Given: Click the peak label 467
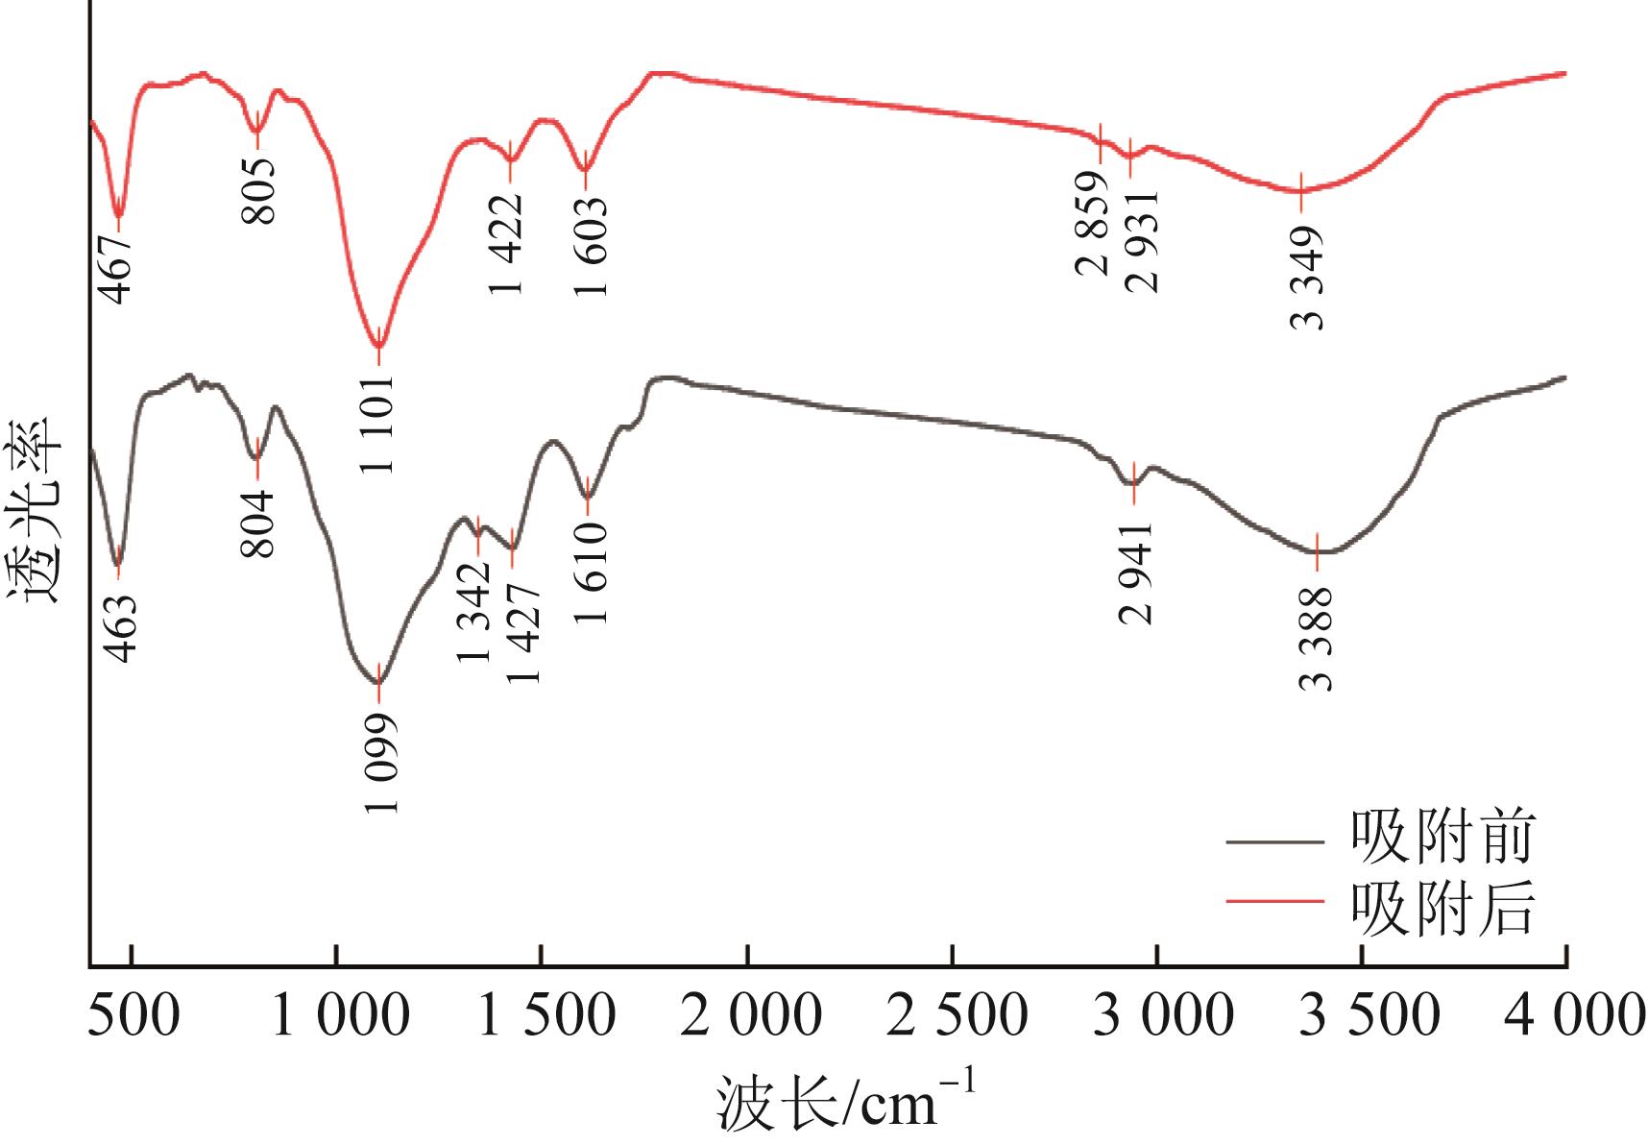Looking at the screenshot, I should click(117, 266).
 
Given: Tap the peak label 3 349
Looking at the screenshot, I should click(1308, 279).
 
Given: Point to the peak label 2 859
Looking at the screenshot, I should click(1094, 224).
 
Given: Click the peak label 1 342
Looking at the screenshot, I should click(474, 611).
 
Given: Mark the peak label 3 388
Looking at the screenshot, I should click(1317, 638).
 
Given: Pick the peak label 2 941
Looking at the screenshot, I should click(1136, 574).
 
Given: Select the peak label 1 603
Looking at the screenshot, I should click(591, 247).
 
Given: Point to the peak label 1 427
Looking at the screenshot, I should click(524, 633).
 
